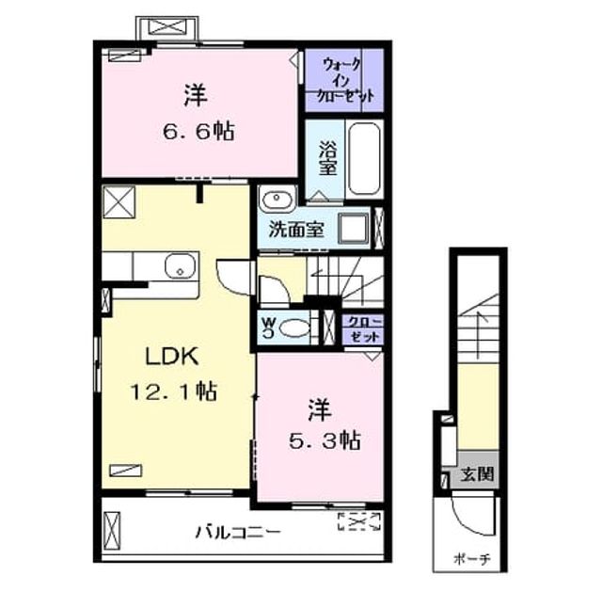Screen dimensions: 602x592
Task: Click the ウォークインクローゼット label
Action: coord(345,80)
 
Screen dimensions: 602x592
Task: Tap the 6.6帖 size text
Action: coord(198,132)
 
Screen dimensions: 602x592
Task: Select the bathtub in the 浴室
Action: coord(364,158)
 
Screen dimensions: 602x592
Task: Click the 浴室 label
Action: coord(327,158)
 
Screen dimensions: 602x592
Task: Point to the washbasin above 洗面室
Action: coord(277,199)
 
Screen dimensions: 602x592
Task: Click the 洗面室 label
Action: coord(296,230)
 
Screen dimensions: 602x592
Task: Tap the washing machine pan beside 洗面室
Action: coord(354,228)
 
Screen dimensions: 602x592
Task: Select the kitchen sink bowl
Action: coord(180,265)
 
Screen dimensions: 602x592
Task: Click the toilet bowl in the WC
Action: coord(294,328)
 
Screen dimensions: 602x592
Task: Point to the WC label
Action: coord(268,328)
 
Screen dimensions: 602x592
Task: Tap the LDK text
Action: coord(171,356)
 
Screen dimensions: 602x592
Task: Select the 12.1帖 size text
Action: coord(174,392)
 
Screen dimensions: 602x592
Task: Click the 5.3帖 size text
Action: coord(325,440)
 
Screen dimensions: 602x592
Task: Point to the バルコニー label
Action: coord(238,533)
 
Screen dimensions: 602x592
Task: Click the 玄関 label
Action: coord(477,474)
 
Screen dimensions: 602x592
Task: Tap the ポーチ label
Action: coord(472,558)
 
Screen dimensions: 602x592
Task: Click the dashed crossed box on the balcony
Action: coord(359,521)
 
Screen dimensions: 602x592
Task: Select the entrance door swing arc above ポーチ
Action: coord(471,520)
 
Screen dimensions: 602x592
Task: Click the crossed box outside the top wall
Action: coord(167,27)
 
